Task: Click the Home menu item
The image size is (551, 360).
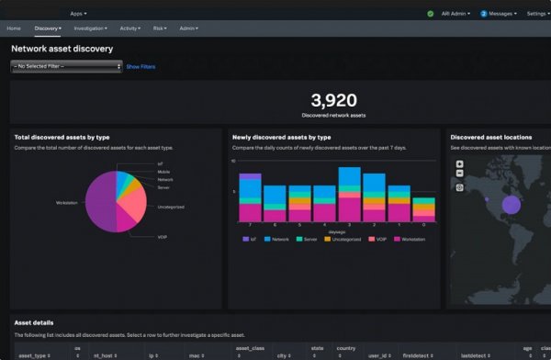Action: pos(14,28)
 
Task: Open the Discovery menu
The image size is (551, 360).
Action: pos(47,28)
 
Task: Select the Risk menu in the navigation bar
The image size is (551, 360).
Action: pos(160,28)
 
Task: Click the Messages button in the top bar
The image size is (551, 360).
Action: pos(499,14)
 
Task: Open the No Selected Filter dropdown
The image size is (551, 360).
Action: pos(66,67)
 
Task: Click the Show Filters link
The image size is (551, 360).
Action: pos(141,67)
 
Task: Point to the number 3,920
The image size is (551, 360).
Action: pos(333,100)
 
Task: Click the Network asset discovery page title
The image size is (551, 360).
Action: pos(62,48)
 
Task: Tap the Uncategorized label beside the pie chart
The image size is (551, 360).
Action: pos(171,207)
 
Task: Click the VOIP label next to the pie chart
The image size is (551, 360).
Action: pos(163,236)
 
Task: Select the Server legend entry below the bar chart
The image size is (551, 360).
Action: pos(310,239)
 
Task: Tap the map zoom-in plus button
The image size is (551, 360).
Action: pos(460,164)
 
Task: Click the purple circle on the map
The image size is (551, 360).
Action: pos(511,204)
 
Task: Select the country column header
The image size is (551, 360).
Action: pos(344,349)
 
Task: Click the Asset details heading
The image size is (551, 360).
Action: pos(34,322)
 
